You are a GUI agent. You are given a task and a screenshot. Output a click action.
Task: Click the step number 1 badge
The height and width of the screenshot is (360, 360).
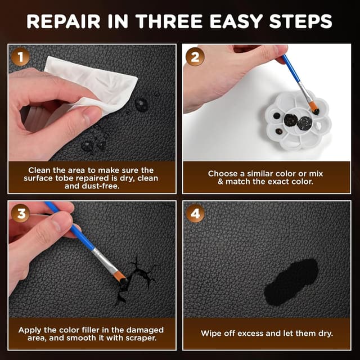pos(20,58)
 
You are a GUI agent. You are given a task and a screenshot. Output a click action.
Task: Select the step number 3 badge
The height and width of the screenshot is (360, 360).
pos(20,214)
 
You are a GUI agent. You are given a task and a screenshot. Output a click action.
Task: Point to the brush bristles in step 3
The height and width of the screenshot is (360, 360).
pos(120,275)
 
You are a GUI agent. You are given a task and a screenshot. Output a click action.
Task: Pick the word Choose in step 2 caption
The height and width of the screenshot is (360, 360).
pos(224,174)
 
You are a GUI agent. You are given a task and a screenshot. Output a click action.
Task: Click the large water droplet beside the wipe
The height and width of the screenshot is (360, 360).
pos(141,103)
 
